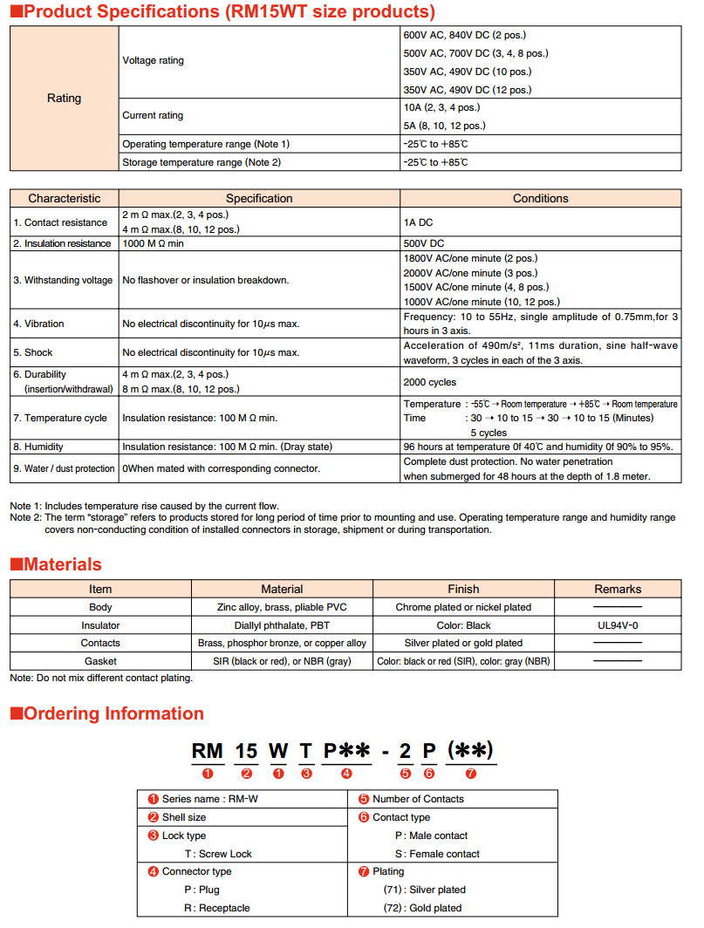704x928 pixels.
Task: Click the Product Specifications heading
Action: click(222, 12)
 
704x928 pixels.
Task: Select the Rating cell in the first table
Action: click(64, 99)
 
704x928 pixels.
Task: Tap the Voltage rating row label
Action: click(154, 61)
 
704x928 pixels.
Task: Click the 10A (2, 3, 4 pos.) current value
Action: click(441, 107)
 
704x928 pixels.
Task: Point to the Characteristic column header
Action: click(64, 199)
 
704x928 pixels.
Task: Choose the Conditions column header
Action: click(540, 199)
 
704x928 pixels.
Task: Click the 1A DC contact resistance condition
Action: click(419, 222)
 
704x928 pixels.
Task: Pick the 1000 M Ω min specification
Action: click(154, 244)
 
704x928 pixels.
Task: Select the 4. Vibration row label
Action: click(38, 324)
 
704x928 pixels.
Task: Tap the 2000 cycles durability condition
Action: click(430, 382)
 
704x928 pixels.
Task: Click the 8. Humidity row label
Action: click(38, 447)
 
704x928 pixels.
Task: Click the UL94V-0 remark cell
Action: click(618, 625)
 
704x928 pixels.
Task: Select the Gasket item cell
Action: click(100, 661)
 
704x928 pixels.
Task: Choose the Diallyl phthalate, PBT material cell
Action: click(282, 625)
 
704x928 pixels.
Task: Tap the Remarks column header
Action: click(618, 589)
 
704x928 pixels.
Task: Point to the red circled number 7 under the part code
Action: click(471, 773)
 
